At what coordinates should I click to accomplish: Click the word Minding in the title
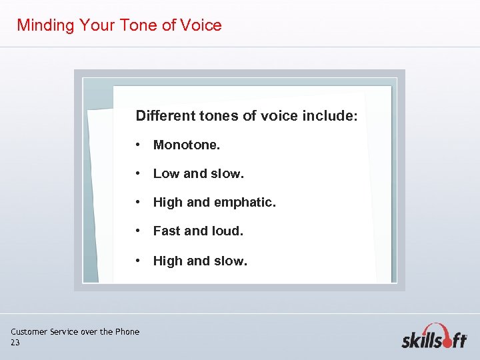(x=45, y=26)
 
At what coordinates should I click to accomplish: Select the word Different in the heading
(x=165, y=116)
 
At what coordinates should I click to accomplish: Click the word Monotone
(x=187, y=145)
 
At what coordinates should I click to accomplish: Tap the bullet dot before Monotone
(x=137, y=145)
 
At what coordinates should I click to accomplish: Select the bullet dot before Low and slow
(x=137, y=174)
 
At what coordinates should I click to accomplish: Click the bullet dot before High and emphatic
(x=137, y=203)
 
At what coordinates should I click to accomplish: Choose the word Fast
(x=167, y=231)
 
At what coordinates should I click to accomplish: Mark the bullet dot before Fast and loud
(x=137, y=231)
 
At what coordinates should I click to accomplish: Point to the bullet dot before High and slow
(x=137, y=261)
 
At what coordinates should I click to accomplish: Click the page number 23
(x=15, y=343)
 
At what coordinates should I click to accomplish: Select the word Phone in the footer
(x=127, y=332)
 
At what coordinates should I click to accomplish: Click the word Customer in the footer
(x=29, y=332)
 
